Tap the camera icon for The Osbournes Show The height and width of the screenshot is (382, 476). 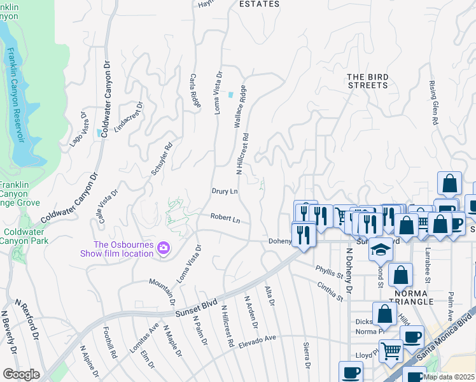164,248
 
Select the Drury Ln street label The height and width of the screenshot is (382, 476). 225,191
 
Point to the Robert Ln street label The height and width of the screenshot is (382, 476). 226,218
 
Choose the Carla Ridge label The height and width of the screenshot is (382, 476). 194,90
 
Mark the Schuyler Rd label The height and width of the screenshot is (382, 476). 162,159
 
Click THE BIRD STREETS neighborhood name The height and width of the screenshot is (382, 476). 367,81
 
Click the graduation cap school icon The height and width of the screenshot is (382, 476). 381,249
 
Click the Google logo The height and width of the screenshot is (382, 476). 21,374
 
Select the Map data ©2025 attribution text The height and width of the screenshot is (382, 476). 448,377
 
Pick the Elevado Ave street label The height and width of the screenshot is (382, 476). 258,343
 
